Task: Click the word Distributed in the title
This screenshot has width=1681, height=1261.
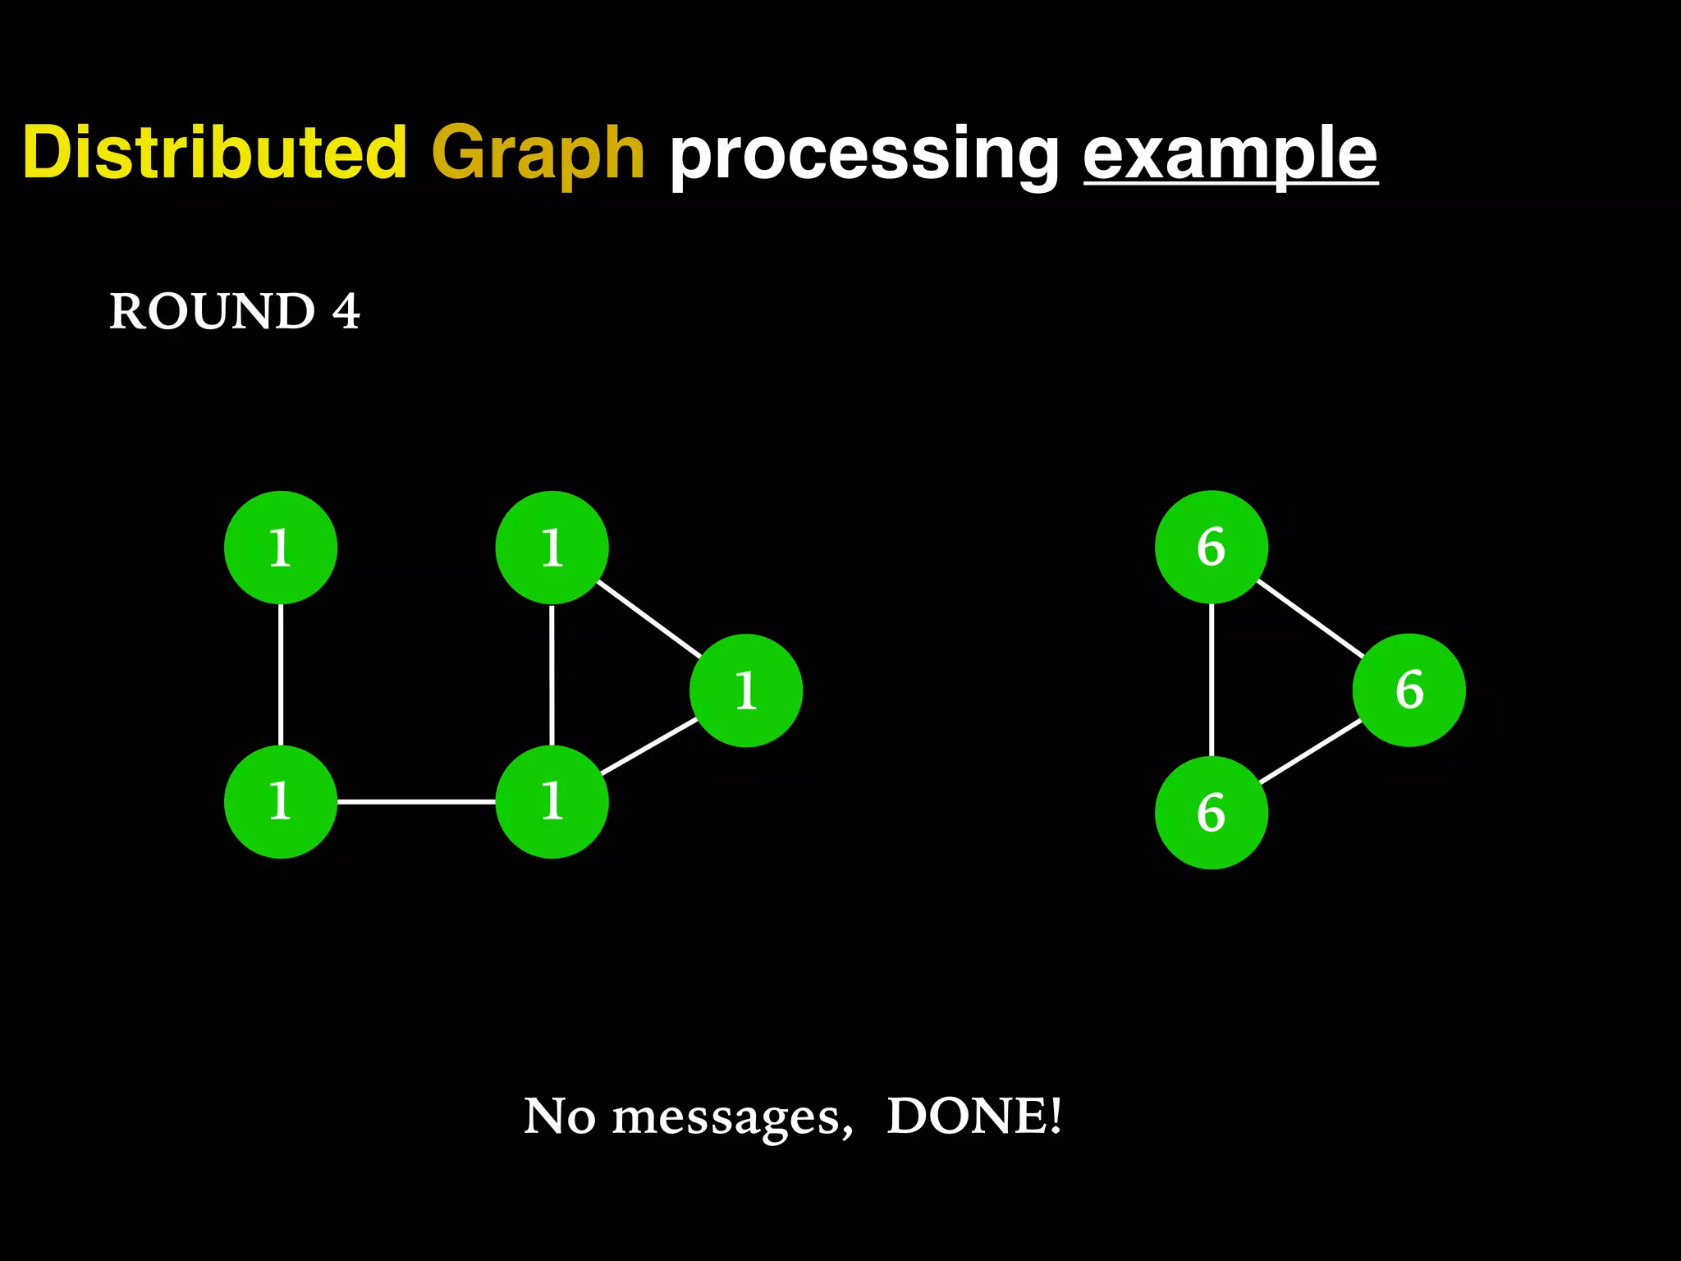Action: click(214, 153)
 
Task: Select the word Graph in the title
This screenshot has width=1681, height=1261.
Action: click(538, 153)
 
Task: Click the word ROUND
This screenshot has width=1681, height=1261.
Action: click(212, 311)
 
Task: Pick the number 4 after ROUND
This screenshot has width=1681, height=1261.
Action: click(346, 311)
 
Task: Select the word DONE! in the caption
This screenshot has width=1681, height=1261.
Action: click(974, 1116)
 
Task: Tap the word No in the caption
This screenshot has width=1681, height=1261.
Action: click(559, 1116)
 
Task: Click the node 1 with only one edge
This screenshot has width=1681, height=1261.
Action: click(281, 548)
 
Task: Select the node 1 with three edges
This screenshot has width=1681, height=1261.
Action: click(552, 801)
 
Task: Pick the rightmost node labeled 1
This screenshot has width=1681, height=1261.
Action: click(745, 690)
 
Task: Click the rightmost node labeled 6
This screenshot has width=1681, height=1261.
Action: click(1408, 690)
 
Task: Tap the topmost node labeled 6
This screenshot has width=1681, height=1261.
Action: click(1211, 547)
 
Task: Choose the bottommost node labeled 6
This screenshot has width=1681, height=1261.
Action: click(1211, 813)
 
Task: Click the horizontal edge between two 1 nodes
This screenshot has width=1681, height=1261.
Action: click(416, 801)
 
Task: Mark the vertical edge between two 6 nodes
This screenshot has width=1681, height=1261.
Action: click(1212, 680)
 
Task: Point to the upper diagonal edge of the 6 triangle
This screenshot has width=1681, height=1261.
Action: click(1310, 618)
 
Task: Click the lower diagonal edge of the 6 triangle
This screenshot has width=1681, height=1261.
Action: click(1311, 751)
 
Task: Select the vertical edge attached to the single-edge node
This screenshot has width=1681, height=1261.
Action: click(281, 674)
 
